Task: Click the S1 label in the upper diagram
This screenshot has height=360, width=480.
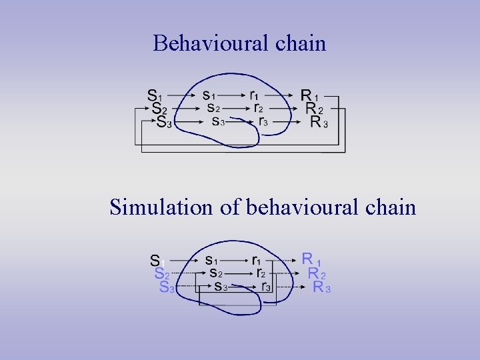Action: [x=155, y=96]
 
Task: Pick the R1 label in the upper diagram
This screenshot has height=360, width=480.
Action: [x=309, y=96]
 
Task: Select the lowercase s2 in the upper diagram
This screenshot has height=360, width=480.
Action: [x=213, y=107]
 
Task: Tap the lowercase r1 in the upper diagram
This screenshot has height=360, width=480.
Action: [x=255, y=95]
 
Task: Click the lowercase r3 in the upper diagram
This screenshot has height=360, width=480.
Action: [x=263, y=121]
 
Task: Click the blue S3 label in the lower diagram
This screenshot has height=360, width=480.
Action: [x=167, y=287]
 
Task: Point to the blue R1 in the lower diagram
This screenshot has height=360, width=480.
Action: [x=311, y=259]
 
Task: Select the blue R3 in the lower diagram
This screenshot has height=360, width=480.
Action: [x=322, y=287]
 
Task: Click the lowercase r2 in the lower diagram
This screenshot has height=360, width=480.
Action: [x=261, y=273]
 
